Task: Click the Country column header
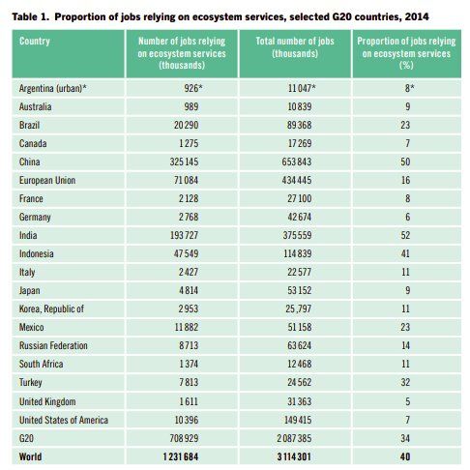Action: [35, 42]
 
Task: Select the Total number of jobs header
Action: [295, 47]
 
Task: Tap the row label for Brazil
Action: [29, 125]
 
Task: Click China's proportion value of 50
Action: [405, 162]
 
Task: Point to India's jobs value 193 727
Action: [184, 235]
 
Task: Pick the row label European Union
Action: [47, 180]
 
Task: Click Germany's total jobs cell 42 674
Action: [300, 217]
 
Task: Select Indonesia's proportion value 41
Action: [405, 253]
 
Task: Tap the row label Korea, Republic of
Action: [51, 308]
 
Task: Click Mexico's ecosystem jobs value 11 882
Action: [187, 327]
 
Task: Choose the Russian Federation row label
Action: [53, 345]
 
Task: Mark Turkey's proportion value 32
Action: [405, 382]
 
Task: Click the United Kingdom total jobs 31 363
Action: [300, 401]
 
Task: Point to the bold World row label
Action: [30, 456]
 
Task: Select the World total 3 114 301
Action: [294, 456]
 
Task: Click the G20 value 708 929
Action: [184, 438]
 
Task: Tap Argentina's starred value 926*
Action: [193, 88]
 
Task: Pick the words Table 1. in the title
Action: [30, 16]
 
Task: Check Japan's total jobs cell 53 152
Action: [300, 290]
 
